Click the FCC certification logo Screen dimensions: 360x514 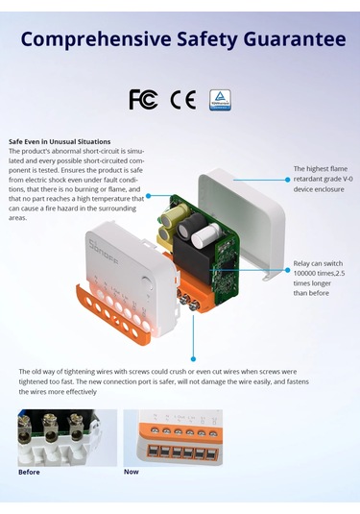(143, 99)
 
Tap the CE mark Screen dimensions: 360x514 (183, 99)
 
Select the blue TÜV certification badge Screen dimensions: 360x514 (220, 100)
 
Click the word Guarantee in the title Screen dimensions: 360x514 (295, 39)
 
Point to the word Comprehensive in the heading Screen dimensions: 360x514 (96, 39)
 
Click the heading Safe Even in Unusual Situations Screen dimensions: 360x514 (60, 141)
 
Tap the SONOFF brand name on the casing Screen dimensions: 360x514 (105, 253)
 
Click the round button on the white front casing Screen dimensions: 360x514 (148, 283)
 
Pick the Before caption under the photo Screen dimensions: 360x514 (29, 472)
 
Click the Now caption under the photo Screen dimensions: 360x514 (131, 472)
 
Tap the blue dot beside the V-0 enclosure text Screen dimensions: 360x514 (288, 180)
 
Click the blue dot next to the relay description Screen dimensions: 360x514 (288, 270)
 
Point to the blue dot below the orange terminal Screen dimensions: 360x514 (193, 359)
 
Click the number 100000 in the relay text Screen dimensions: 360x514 (304, 274)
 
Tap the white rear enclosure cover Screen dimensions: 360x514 (243, 220)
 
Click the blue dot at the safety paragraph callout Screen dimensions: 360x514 (149, 196)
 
